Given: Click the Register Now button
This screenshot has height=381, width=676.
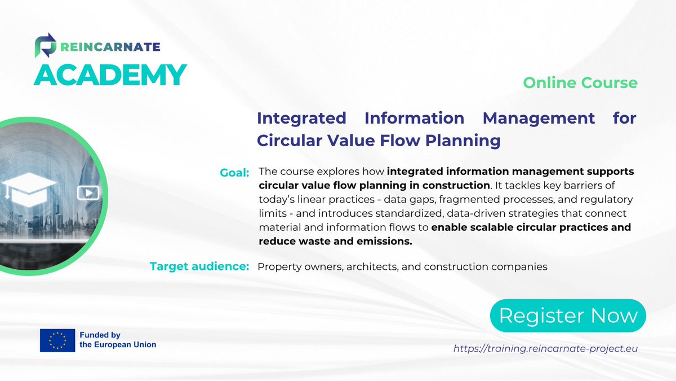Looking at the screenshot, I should pyautogui.click(x=568, y=316).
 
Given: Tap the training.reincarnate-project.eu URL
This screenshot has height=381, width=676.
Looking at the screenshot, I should pyautogui.click(x=545, y=349).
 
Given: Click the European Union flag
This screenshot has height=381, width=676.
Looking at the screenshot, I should pyautogui.click(x=57, y=340).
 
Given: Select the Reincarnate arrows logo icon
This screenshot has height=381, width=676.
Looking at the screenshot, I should pyautogui.click(x=46, y=45).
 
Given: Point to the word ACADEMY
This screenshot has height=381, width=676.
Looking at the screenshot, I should pyautogui.click(x=110, y=75).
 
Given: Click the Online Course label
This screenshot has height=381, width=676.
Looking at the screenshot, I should pyautogui.click(x=580, y=83).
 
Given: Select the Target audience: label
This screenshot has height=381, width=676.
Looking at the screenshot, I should pyautogui.click(x=199, y=266).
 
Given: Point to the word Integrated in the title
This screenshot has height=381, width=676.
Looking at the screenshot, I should pyautogui.click(x=301, y=119).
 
